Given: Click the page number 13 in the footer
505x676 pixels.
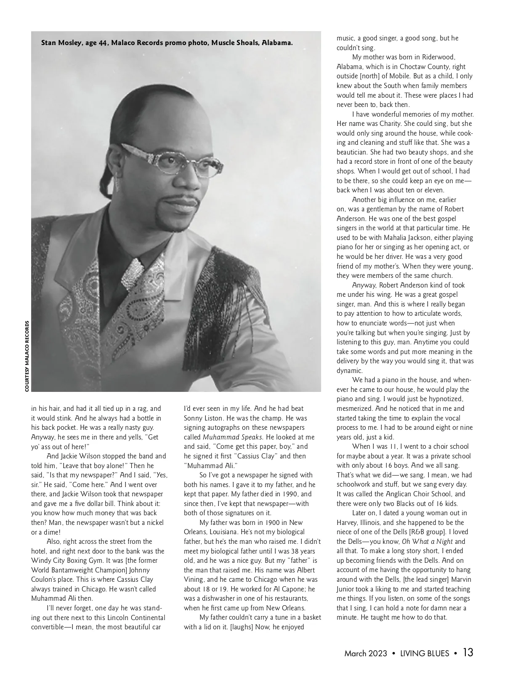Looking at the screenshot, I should [x=468, y=653].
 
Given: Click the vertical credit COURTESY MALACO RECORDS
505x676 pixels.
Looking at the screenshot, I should [x=27, y=356].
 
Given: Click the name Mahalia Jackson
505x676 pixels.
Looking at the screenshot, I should [x=404, y=238].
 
